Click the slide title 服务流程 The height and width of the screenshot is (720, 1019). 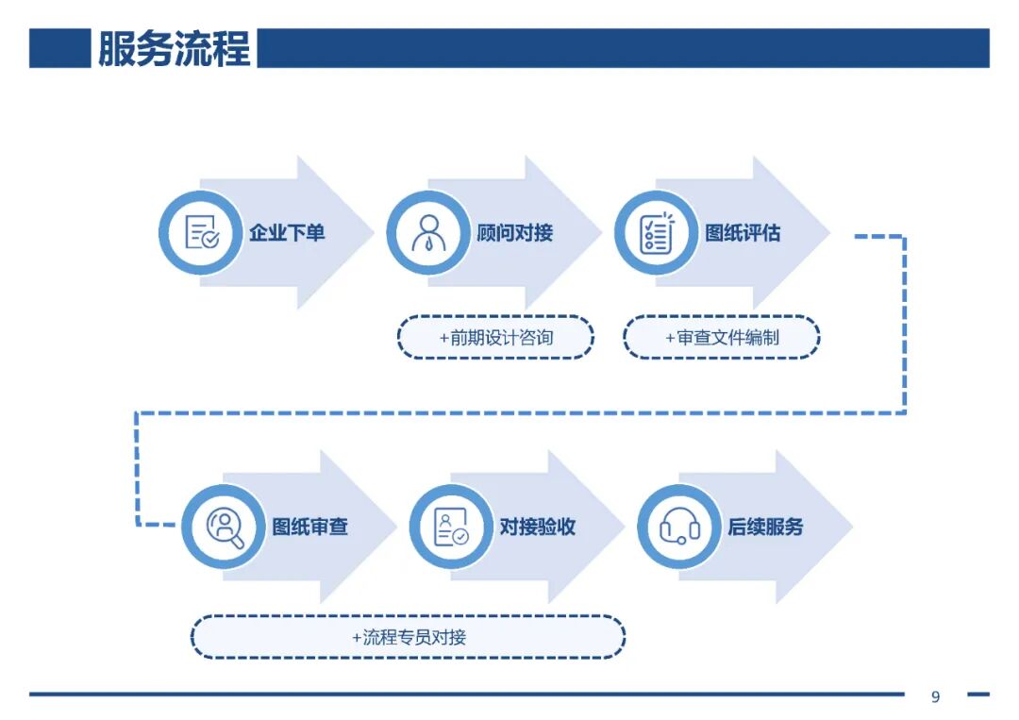174,48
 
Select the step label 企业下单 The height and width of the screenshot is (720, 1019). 287,233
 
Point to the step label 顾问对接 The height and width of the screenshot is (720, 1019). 515,233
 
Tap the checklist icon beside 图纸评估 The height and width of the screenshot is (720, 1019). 657,232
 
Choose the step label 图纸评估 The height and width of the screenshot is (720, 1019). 743,233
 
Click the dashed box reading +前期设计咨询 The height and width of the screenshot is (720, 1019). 495,337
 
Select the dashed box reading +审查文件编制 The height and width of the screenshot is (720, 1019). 722,337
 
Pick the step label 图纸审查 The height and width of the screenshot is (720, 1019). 310,527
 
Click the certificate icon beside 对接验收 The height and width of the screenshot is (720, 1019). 451,527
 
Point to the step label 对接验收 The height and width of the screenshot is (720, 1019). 538,527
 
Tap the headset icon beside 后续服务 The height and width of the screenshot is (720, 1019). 679,527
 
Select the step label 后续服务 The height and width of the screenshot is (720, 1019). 765,527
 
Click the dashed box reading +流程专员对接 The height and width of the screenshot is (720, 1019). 408,637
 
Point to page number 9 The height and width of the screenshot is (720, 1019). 935,697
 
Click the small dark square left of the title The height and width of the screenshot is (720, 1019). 58,48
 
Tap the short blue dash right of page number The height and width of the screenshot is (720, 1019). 977,695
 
